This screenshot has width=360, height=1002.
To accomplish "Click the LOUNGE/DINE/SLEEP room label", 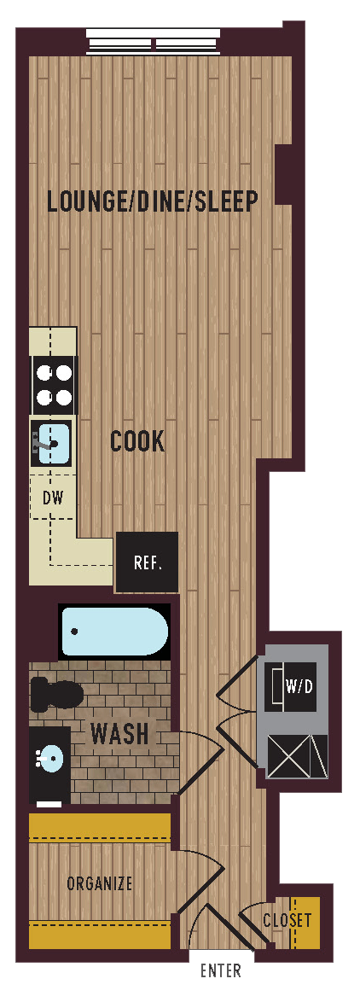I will click(153, 201).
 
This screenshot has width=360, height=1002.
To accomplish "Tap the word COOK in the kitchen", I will click(137, 441).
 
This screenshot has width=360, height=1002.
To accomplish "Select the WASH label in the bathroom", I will click(119, 734).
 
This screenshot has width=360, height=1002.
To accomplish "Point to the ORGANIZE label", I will click(100, 883).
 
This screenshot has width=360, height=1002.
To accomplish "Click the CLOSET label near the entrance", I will click(287, 921).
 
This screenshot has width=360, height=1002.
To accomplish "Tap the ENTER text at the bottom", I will click(220, 971).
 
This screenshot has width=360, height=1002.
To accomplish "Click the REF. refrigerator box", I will click(148, 563).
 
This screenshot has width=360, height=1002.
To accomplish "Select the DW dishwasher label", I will click(53, 497).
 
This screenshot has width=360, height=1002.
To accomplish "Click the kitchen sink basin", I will click(53, 442).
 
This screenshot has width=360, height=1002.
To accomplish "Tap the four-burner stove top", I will click(53, 385).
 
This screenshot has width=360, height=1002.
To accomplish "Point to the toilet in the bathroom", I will click(55, 693).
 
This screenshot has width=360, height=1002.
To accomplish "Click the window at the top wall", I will click(153, 42).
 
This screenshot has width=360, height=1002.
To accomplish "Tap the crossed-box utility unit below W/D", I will click(296, 755).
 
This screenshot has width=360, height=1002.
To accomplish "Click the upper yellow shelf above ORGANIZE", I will click(100, 827).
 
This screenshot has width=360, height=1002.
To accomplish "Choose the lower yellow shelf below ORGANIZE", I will click(100, 934).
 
